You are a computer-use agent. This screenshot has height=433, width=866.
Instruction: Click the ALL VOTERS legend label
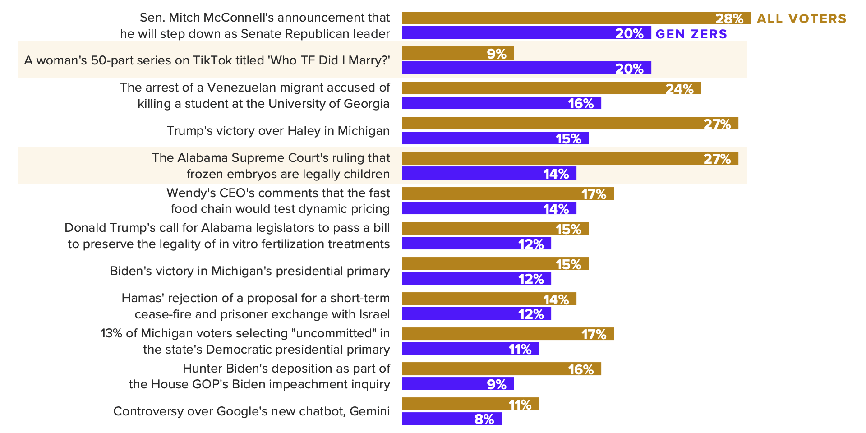[x=802, y=18]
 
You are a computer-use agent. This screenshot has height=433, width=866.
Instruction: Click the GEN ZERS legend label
[x=691, y=34]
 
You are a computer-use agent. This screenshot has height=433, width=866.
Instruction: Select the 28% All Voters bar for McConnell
[x=576, y=18]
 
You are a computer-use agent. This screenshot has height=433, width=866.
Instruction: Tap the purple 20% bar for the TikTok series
[x=526, y=68]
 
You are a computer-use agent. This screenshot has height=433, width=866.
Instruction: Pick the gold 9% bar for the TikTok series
[x=457, y=53]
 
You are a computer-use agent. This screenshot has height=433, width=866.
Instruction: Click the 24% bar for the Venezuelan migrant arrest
[x=551, y=88]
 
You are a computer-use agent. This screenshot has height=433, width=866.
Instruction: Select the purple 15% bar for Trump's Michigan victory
[x=495, y=138]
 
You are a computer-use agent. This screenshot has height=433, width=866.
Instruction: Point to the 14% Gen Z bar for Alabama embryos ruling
[x=489, y=173]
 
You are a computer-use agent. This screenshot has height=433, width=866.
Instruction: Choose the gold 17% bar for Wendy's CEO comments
[x=507, y=193]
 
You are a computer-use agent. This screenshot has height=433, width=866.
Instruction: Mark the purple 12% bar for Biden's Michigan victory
[x=476, y=278]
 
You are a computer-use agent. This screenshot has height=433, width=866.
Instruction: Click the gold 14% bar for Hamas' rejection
[x=489, y=299]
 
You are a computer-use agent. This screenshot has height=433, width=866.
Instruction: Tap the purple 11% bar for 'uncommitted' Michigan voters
[x=470, y=348]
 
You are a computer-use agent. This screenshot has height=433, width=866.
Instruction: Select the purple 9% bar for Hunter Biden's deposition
[x=457, y=383]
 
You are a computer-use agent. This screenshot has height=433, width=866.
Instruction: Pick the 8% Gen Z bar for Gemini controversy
[x=451, y=419]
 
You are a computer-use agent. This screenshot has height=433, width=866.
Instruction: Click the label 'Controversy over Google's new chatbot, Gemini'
[x=251, y=411]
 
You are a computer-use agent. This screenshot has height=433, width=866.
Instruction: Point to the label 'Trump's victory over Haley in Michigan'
[x=278, y=131]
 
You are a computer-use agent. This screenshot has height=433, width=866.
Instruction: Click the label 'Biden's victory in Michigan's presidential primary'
[x=250, y=271]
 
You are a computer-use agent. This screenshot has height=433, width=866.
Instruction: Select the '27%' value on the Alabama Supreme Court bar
[x=717, y=159]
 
